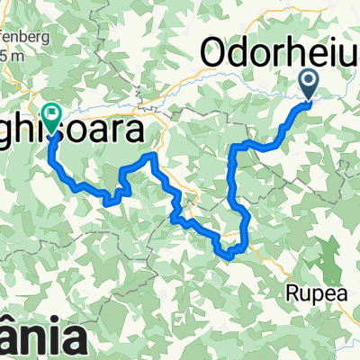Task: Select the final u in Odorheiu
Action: click(346, 54)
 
